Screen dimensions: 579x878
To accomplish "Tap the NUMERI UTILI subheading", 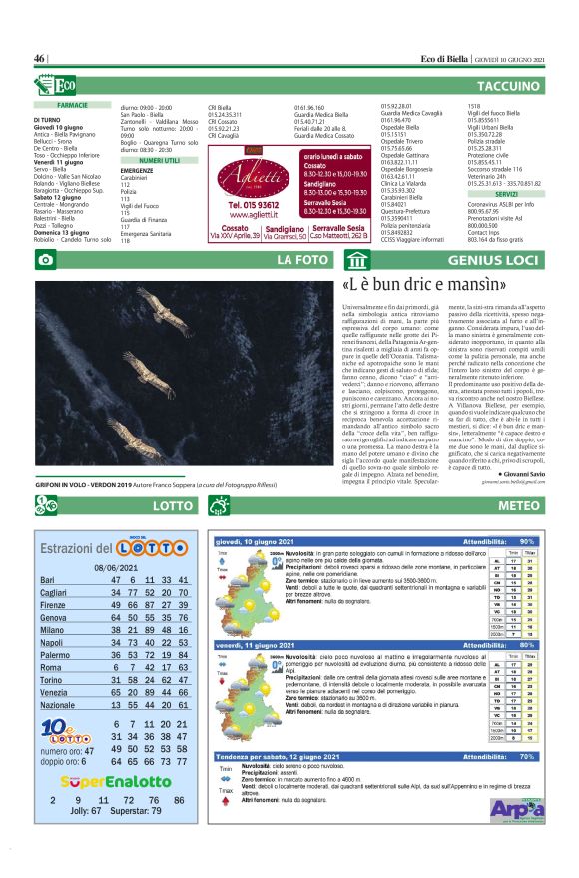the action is click(159, 160).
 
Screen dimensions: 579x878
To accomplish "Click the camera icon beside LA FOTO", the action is click(45, 260).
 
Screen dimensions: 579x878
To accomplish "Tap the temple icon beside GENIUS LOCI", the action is click(356, 261).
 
